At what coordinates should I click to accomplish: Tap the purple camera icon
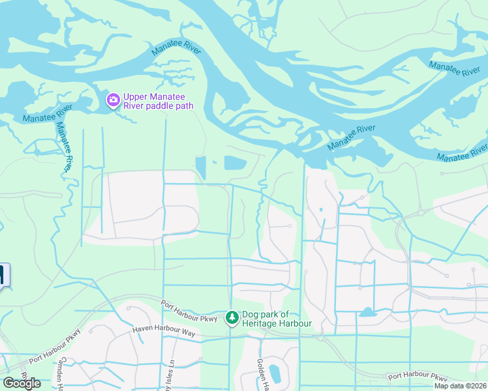113,100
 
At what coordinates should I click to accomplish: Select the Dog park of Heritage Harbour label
277,319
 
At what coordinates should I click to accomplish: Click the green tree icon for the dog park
232,318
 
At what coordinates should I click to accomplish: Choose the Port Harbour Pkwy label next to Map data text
418,377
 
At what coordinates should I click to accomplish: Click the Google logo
21,383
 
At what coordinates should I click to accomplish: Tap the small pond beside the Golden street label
275,374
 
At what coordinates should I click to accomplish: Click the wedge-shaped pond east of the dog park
367,312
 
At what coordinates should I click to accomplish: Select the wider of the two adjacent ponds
236,163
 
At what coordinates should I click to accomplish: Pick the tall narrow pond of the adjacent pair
201,167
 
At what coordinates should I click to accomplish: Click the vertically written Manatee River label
65,147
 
